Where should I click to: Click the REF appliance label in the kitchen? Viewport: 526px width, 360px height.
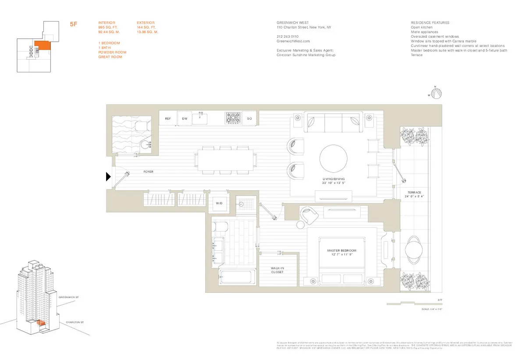pyautogui.click(x=167, y=118)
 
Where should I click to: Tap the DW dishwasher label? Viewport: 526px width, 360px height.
pyautogui.click(x=185, y=118)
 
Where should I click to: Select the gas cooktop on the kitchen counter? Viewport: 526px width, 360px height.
pyautogui.click(x=233, y=118)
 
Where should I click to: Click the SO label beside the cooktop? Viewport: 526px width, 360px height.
pyautogui.click(x=249, y=118)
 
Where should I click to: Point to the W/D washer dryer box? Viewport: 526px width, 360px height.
pyautogui.click(x=219, y=203)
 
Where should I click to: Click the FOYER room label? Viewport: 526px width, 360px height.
pyautogui.click(x=149, y=172)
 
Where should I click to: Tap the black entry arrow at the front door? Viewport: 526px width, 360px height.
pyautogui.click(x=109, y=177)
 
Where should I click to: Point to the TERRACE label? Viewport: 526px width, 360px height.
pyautogui.click(x=414, y=192)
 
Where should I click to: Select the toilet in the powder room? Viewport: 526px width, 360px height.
pyautogui.click(x=141, y=127)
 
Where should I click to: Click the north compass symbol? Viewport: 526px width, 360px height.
pyautogui.click(x=437, y=93)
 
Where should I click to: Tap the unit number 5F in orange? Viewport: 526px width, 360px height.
pyautogui.click(x=74, y=25)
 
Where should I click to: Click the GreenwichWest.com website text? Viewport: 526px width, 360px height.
pyautogui.click(x=291, y=41)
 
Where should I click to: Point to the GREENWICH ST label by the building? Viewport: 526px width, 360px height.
pyautogui.click(x=67, y=297)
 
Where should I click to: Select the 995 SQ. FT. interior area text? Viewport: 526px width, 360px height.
pyautogui.click(x=108, y=27)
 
